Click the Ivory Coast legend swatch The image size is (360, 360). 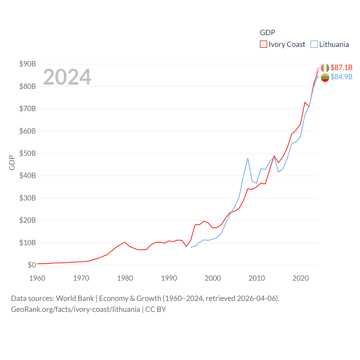[x=263, y=44]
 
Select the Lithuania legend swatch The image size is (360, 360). [x=314, y=44]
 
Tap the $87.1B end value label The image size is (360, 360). [x=341, y=67]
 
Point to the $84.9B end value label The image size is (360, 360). [x=341, y=77]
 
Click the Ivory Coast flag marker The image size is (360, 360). [x=325, y=68]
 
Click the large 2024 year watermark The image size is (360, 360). [x=67, y=77]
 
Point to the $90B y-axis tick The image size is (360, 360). [x=28, y=64]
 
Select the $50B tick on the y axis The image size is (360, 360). [x=28, y=153]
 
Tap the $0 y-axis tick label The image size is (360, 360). [x=32, y=265]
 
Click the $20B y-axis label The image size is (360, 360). [x=28, y=220]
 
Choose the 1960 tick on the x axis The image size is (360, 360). [x=37, y=278]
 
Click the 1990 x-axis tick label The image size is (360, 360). [x=169, y=278]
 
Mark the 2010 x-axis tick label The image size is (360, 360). [x=256, y=278]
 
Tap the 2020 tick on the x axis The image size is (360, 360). [x=300, y=278]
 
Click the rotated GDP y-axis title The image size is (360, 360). [x=12, y=163]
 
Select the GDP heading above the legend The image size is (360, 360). [x=267, y=33]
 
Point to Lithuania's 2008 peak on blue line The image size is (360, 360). [x=248, y=158]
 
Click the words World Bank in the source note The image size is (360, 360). [x=75, y=298]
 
